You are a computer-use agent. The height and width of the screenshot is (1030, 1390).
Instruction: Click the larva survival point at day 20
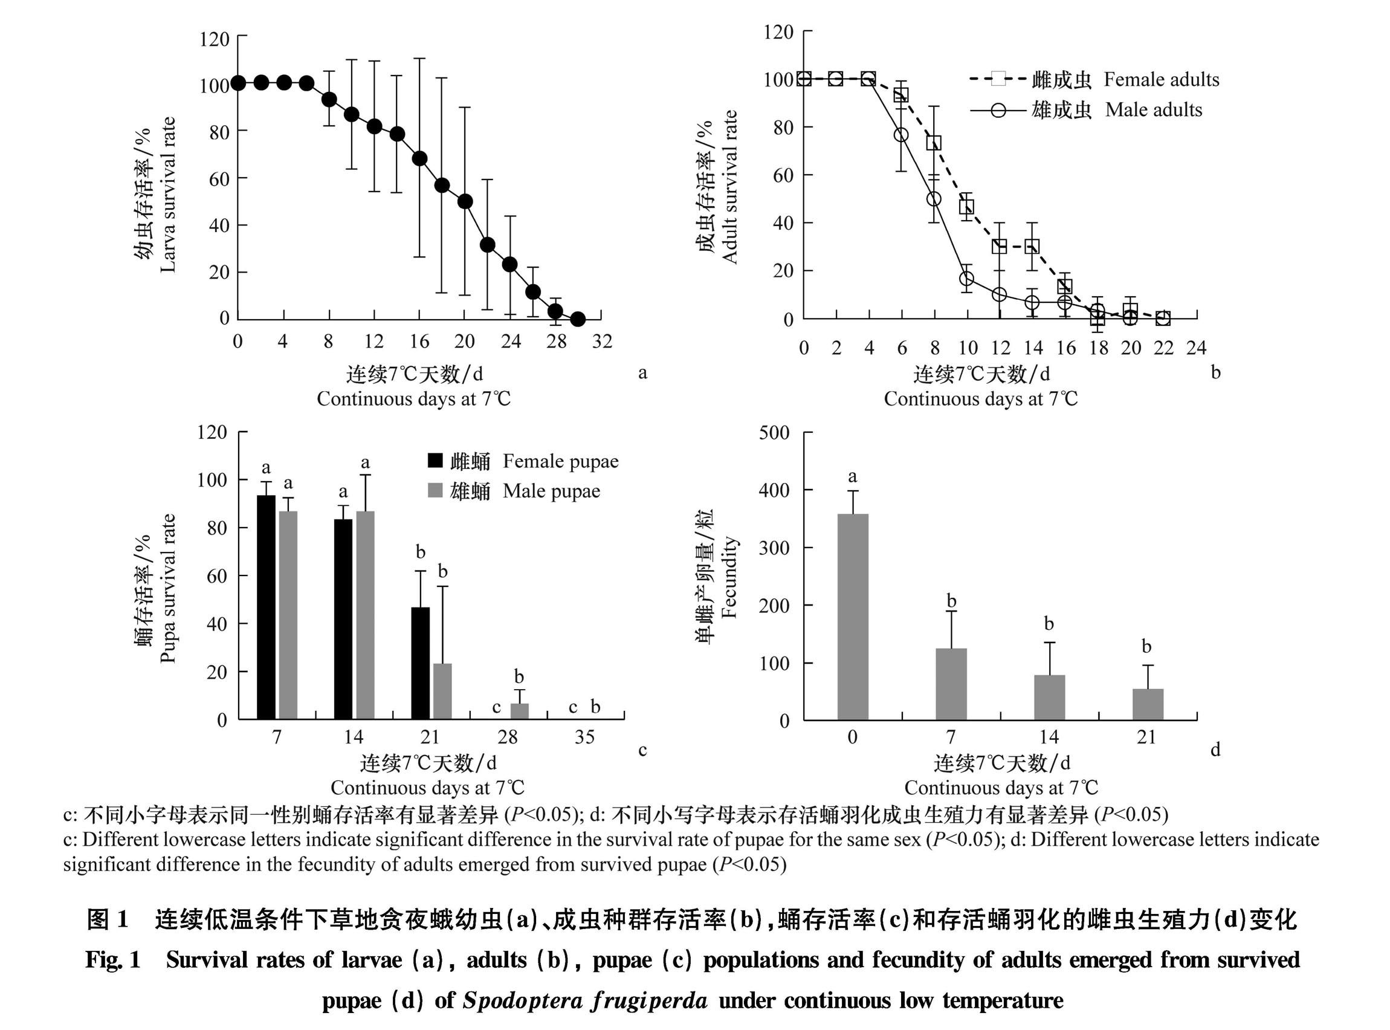464,201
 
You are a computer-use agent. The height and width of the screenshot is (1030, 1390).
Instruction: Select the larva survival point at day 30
578,319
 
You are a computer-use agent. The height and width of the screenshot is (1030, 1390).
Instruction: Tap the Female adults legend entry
1094,79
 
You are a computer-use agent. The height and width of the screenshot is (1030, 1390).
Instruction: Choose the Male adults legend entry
1087,111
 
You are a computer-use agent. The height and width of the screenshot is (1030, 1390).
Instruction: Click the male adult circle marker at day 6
901,135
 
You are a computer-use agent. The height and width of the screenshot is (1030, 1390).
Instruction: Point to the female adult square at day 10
967,206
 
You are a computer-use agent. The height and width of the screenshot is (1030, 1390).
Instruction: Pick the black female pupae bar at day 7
266,607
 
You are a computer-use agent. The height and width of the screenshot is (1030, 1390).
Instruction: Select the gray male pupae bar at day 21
442,692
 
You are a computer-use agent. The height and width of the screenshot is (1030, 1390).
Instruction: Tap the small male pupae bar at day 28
520,711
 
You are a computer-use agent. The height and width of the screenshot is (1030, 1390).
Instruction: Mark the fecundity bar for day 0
853,617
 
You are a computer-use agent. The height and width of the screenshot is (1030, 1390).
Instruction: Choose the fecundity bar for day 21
1148,705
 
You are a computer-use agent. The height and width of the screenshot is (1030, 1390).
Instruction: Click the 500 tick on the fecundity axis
774,433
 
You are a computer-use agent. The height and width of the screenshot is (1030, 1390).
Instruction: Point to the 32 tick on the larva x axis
602,341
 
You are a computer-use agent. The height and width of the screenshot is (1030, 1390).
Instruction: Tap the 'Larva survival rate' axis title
167,195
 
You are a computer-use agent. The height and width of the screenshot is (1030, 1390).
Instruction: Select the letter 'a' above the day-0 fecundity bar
853,477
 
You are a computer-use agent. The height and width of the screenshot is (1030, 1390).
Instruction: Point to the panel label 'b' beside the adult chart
1215,372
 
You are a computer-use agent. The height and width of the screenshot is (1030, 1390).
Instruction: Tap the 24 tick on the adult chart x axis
1196,348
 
